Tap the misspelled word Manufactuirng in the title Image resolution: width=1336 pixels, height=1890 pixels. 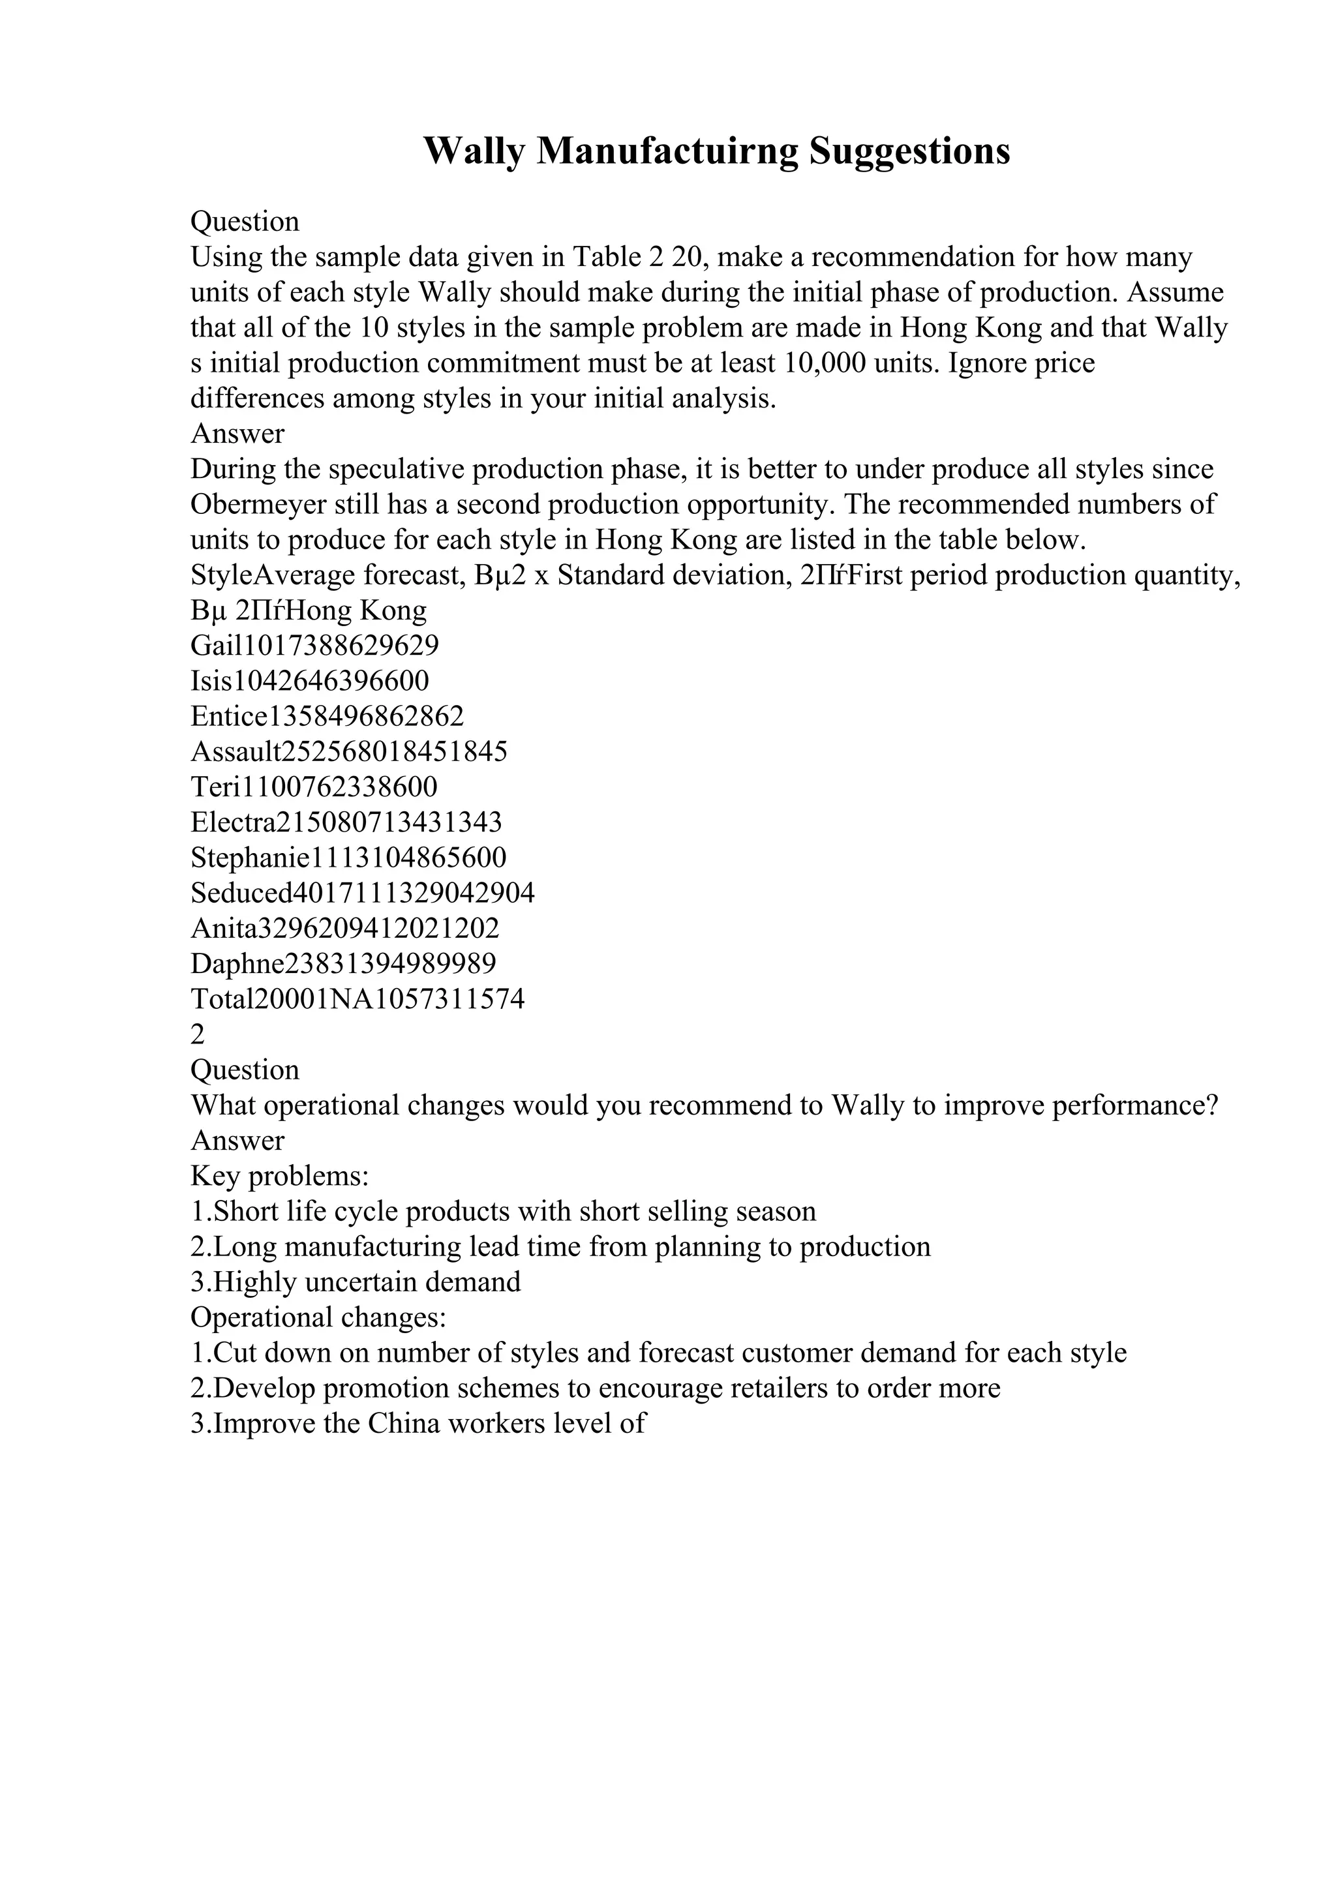coord(667,151)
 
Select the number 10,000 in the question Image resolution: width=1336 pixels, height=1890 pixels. coord(826,363)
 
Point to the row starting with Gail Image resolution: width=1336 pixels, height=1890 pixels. coord(314,646)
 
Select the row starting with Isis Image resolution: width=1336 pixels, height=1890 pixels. coord(309,682)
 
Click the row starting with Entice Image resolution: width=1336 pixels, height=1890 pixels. coord(327,717)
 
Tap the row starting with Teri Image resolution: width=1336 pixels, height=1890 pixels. coord(314,788)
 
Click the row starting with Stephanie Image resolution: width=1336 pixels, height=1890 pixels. coord(348,858)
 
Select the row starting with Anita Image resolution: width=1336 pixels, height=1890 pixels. coord(345,929)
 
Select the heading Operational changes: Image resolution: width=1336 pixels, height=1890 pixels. coord(318,1318)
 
